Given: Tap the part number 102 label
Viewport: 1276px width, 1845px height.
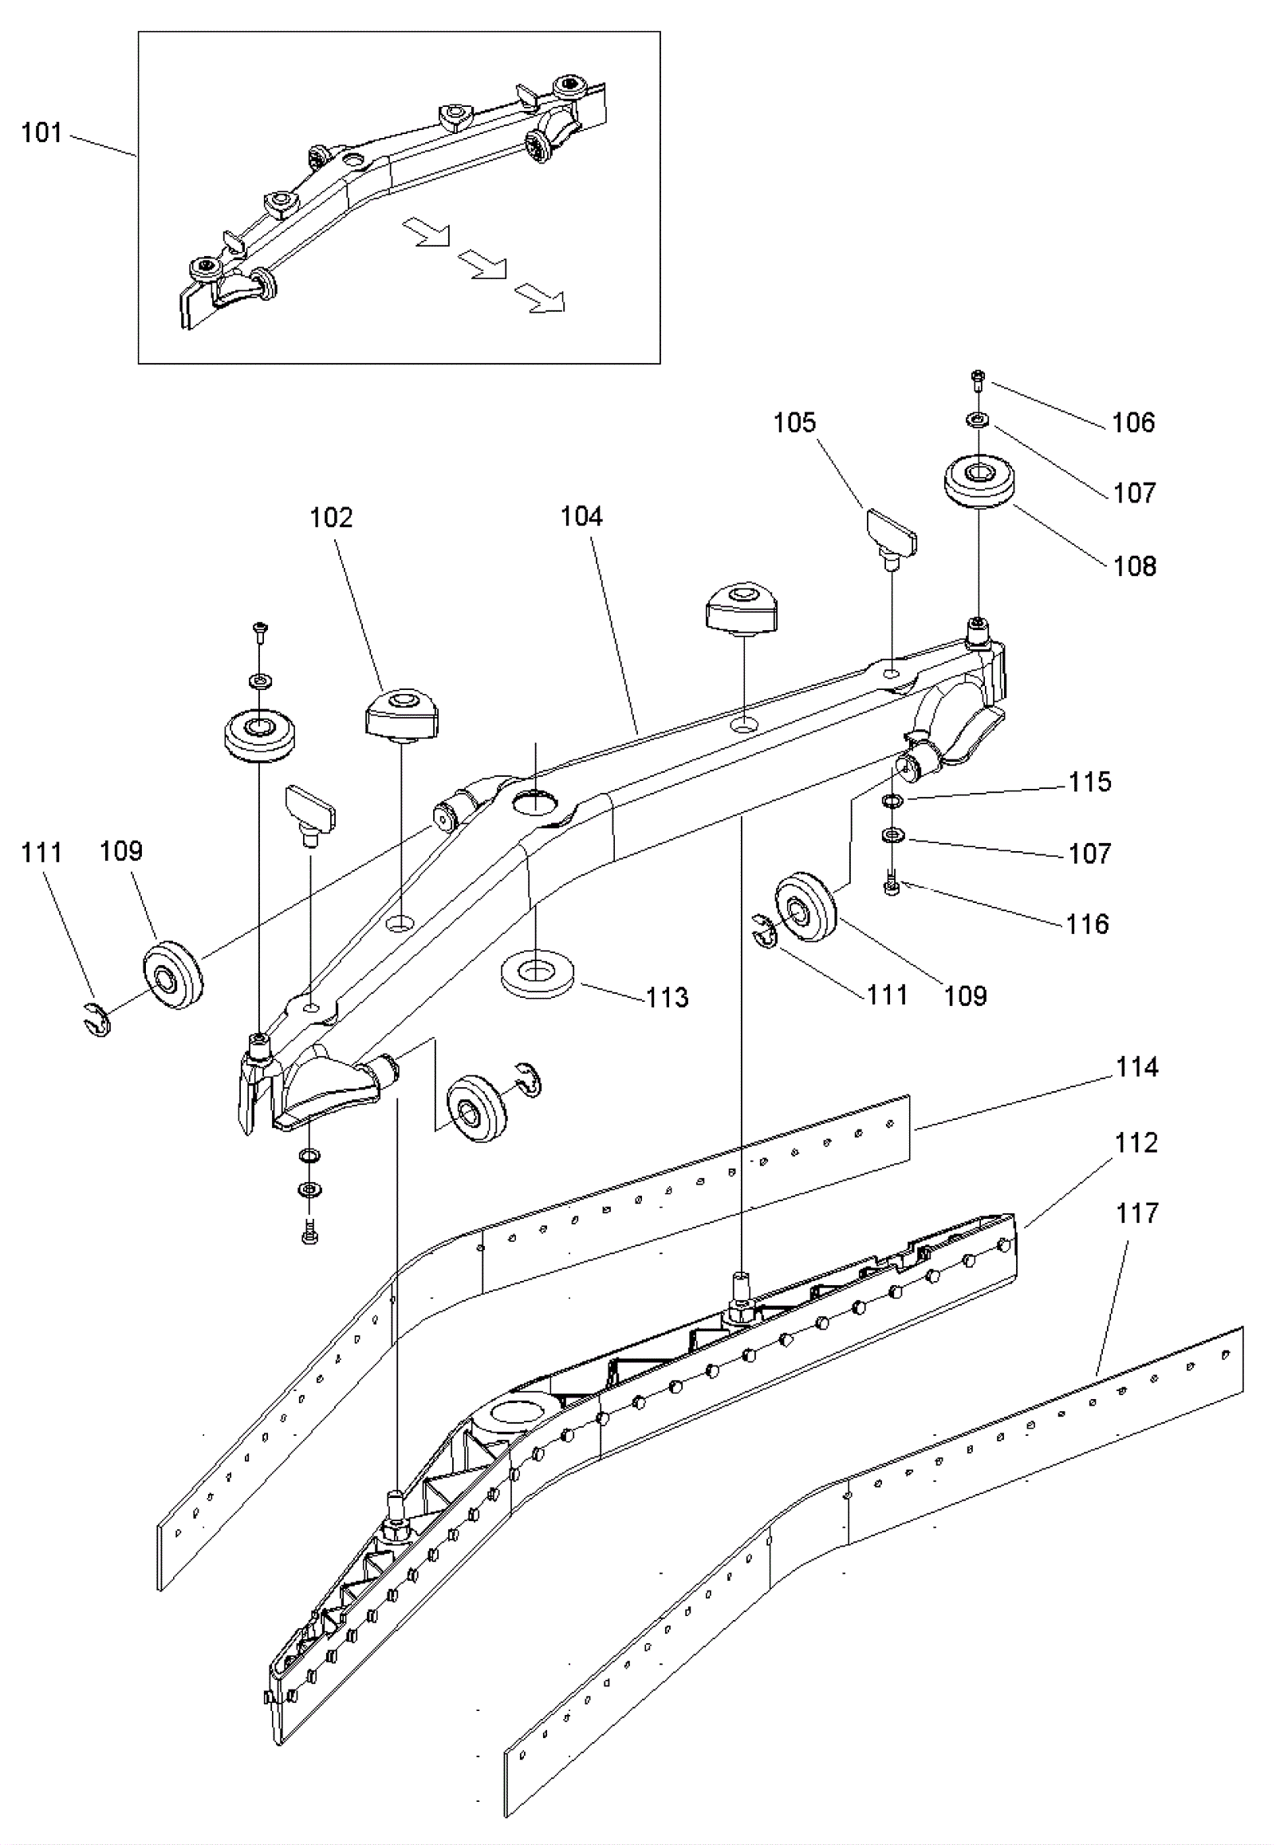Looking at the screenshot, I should click(x=331, y=518).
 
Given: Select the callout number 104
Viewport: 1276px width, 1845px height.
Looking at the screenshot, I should click(x=581, y=517).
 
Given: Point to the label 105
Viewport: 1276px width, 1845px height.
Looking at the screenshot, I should click(x=794, y=422).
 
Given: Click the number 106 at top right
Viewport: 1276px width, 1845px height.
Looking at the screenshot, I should click(x=1134, y=422).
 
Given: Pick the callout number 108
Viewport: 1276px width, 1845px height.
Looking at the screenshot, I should click(x=1136, y=566).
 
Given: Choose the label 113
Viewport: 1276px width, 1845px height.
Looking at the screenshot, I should click(x=668, y=997).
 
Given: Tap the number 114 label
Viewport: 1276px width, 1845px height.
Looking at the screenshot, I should click(x=1137, y=1066).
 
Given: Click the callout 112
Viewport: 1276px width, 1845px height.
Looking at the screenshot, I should click(x=1137, y=1143).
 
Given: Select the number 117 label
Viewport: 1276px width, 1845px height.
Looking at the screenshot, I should click(x=1137, y=1213).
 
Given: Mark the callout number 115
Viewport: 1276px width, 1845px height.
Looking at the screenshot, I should click(x=1090, y=782).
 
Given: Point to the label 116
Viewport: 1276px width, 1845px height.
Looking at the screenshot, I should click(x=1088, y=924).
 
